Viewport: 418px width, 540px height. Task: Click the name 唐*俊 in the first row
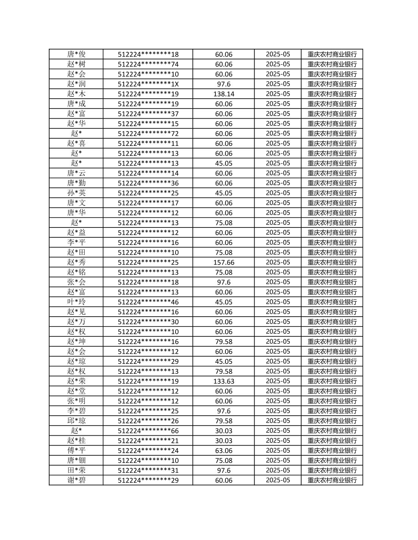[76, 54]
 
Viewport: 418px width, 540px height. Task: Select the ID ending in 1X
[148, 84]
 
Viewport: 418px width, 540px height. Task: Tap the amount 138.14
[224, 94]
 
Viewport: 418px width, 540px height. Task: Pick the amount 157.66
[224, 262]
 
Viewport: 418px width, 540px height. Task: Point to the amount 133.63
[224, 381]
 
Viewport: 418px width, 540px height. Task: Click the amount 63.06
[224, 450]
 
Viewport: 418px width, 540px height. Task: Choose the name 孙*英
[76, 193]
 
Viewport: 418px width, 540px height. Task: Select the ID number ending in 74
[148, 64]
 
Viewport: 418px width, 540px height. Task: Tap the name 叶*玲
[76, 302]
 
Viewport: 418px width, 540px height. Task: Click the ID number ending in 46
[148, 302]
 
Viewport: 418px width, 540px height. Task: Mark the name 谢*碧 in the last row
[76, 480]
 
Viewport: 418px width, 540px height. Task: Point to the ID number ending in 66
[148, 431]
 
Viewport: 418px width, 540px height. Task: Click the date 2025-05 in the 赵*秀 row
[278, 262]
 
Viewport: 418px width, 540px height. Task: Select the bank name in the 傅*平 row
[332, 450]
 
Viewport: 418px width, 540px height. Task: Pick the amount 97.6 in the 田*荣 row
[224, 470]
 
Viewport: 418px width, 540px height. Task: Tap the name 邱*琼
[76, 421]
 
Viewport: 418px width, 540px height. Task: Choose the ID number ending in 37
[148, 114]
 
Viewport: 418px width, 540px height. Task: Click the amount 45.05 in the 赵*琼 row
[224, 361]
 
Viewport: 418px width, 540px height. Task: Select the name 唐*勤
[76, 183]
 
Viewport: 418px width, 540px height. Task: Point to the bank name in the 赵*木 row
[332, 94]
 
